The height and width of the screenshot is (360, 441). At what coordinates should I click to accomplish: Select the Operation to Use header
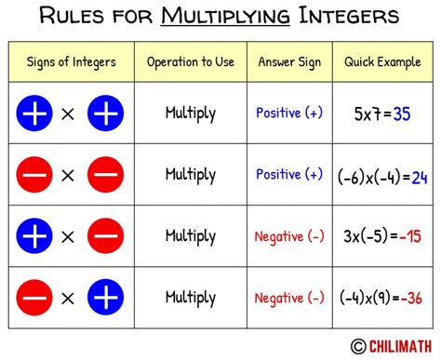[x=190, y=63]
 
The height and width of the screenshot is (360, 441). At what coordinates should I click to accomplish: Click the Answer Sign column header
[x=288, y=63]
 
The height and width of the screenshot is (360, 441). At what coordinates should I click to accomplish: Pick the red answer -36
[x=409, y=300]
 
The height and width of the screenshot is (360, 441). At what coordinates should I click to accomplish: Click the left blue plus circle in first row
[x=34, y=113]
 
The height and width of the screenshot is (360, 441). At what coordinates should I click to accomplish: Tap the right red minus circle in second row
[x=105, y=175]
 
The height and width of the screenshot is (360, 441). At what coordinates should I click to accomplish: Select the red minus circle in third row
[x=105, y=236]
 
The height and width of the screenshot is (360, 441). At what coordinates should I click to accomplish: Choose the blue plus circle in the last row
[x=105, y=298]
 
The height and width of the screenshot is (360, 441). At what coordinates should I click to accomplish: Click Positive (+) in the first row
[x=288, y=113]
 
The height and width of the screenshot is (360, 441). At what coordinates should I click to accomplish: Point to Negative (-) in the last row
[x=288, y=298]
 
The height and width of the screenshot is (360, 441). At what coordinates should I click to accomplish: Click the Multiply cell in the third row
[x=191, y=236]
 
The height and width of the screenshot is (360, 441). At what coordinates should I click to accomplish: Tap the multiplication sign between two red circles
[x=69, y=175]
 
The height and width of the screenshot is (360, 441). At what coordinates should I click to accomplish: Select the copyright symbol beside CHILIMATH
[x=357, y=346]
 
